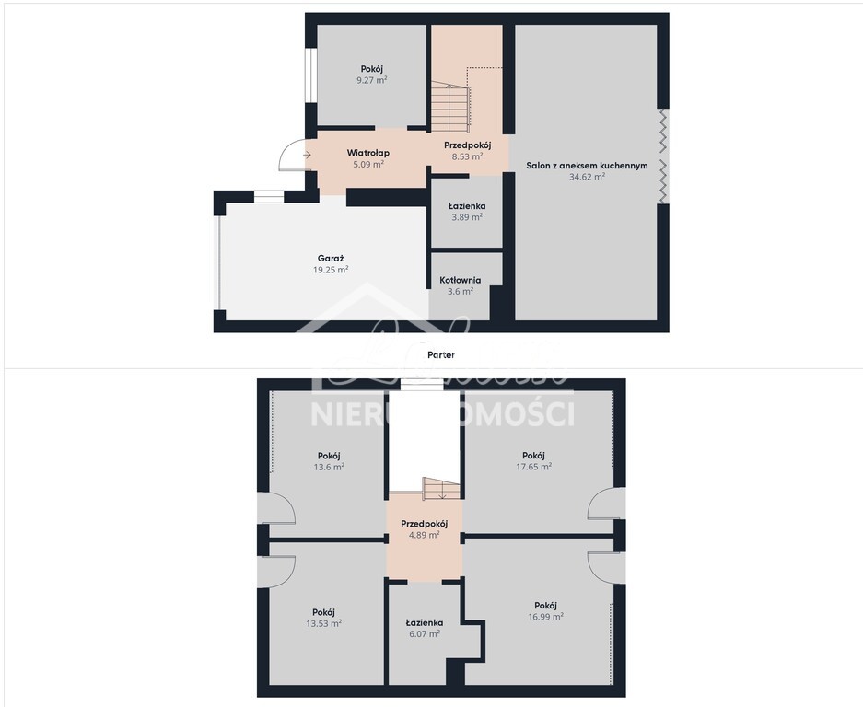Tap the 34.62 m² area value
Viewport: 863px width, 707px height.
[587, 177]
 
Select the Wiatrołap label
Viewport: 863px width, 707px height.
[367, 153]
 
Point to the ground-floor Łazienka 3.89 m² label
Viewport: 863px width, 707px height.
[467, 206]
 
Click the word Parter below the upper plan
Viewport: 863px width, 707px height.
[441, 354]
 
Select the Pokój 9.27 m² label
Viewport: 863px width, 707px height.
[371, 69]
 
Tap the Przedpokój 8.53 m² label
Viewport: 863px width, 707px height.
[467, 145]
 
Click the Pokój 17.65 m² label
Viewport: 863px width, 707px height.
[533, 455]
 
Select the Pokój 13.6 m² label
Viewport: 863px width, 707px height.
[330, 455]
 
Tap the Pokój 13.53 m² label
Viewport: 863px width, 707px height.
[324, 612]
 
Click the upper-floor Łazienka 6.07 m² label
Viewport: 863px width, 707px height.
[425, 622]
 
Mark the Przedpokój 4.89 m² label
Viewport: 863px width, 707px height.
[425, 524]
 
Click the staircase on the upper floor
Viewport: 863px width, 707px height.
[440, 488]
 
